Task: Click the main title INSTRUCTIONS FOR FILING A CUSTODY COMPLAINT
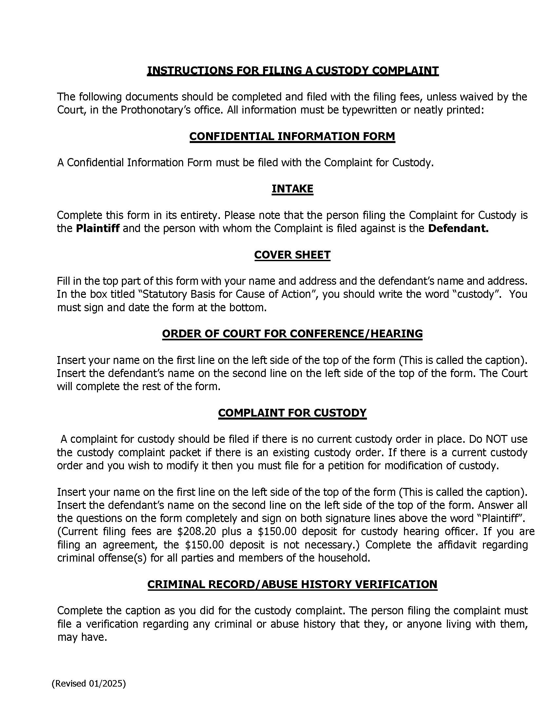[x=292, y=71]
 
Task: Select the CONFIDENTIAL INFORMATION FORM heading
[x=292, y=136]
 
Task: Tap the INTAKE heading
[x=292, y=189]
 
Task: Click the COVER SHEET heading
[x=292, y=255]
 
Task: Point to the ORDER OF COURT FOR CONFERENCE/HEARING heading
[x=292, y=333]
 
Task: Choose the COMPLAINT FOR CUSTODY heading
[x=292, y=412]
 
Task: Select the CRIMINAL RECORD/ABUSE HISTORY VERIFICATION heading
[x=292, y=584]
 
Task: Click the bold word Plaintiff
[x=97, y=228]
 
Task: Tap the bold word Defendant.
[x=458, y=228]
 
